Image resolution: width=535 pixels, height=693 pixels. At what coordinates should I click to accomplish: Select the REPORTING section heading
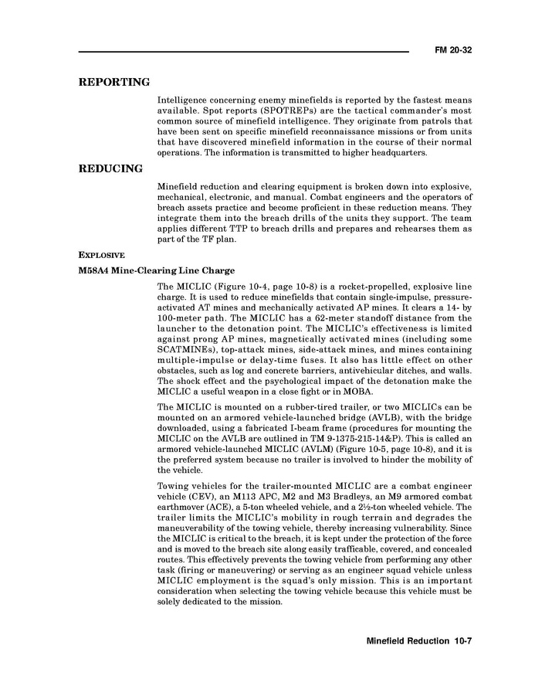tap(114, 83)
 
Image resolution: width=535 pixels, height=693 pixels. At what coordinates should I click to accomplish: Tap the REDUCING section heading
tap(110, 168)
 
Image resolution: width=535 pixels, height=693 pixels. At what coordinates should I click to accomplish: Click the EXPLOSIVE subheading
tap(102, 255)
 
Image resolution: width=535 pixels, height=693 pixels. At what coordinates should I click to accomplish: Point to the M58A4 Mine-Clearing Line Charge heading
tap(157, 270)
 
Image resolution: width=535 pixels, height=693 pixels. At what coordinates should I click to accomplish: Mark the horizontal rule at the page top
tap(243, 52)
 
